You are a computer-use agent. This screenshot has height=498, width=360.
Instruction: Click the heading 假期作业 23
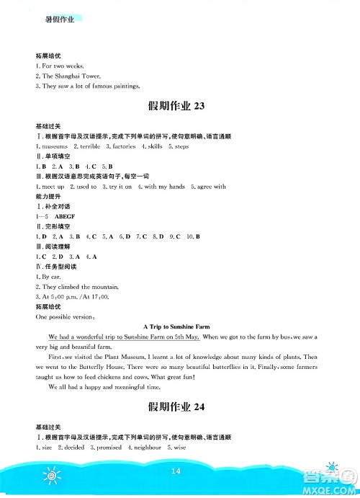[176, 107]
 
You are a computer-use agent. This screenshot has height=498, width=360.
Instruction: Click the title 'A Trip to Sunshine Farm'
[176, 326]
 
